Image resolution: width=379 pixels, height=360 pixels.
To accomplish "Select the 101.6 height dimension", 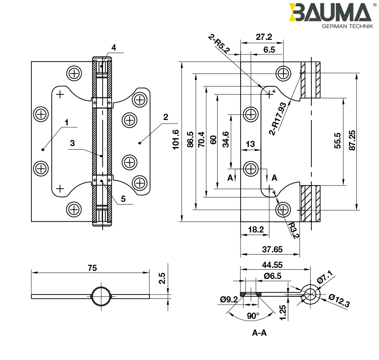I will point(176,140).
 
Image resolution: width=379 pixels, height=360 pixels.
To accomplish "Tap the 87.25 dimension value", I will point(352,140).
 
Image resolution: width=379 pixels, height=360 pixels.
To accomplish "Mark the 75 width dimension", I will point(92,268).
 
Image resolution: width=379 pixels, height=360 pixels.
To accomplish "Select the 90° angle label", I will point(253,316).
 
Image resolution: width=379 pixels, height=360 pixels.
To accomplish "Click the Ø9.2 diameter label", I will point(229,299).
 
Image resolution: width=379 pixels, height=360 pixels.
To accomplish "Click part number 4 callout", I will point(113,47).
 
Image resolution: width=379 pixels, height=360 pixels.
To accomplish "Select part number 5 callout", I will point(123,199).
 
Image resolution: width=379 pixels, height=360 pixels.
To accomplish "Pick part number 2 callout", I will point(165,117).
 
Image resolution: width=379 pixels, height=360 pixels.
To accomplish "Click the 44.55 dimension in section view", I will point(272,265).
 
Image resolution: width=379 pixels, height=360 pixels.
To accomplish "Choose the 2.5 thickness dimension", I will point(162,278).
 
